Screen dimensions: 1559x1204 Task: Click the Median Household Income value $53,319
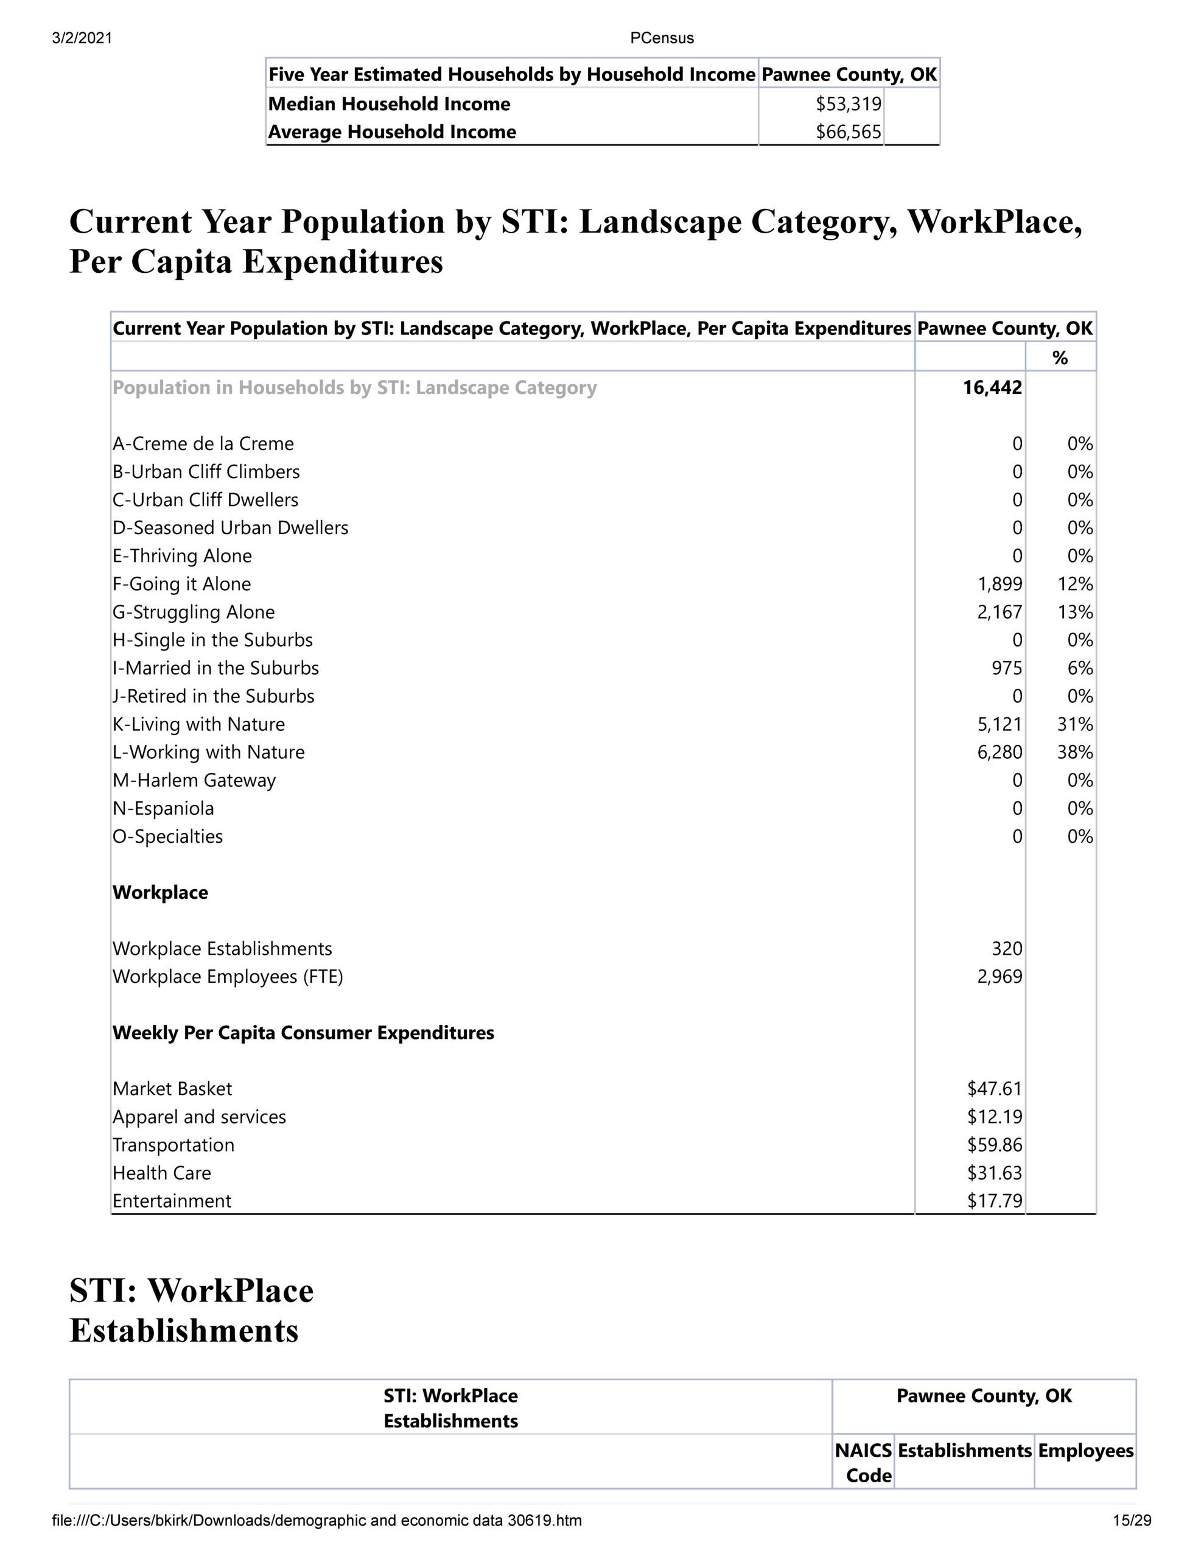click(848, 104)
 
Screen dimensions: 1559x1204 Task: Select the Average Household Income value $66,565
click(848, 132)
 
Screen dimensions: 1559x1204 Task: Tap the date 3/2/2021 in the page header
click(82, 38)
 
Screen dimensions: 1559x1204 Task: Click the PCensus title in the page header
click(662, 38)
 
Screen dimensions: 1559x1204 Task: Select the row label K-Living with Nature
click(198, 724)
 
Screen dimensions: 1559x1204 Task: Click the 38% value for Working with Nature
click(1075, 752)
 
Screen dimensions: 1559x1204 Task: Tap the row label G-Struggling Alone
click(194, 612)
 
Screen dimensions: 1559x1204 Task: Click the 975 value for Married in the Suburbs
click(1006, 668)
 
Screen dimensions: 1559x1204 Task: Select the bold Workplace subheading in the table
click(161, 892)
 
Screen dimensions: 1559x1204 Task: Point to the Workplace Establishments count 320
click(1006, 949)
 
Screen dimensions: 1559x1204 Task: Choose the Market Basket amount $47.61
click(994, 1089)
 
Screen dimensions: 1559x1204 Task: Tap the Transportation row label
click(173, 1145)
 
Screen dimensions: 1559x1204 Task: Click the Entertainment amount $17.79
click(994, 1201)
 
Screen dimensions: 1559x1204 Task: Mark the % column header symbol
click(1060, 357)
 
